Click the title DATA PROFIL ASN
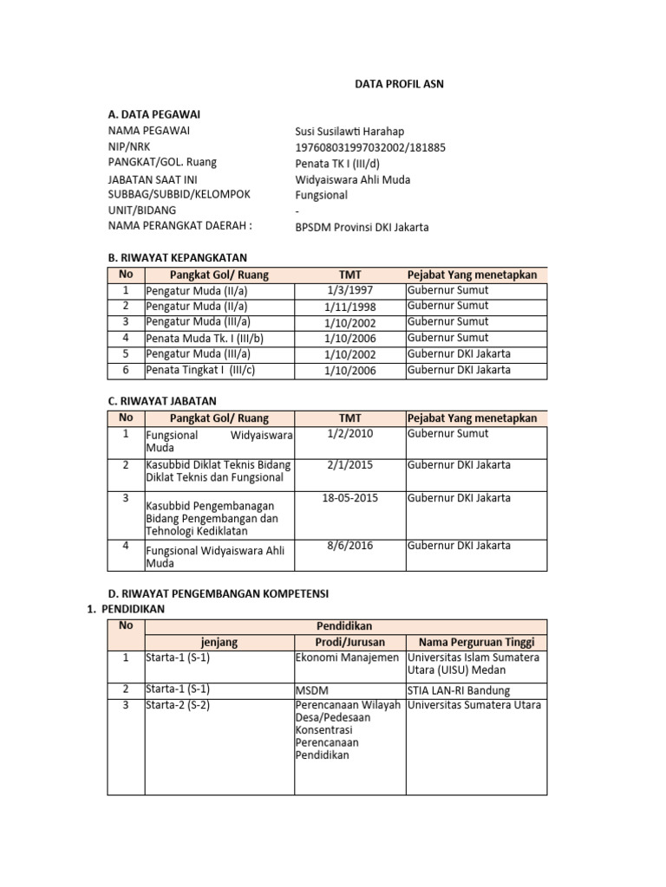point(400,84)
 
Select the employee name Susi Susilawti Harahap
point(349,131)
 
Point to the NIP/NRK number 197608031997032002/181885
point(370,147)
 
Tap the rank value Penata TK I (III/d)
point(337,163)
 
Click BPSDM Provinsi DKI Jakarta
point(362,227)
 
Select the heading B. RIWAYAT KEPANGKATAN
point(177,258)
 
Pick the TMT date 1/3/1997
point(349,290)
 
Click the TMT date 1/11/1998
point(349,306)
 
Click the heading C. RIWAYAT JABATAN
point(161,401)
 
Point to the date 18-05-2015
point(349,498)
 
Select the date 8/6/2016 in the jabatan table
point(349,546)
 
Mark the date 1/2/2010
point(349,434)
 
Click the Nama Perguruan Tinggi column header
point(476,642)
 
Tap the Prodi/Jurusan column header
point(349,642)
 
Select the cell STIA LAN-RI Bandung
point(458,690)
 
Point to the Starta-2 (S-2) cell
point(178,705)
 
